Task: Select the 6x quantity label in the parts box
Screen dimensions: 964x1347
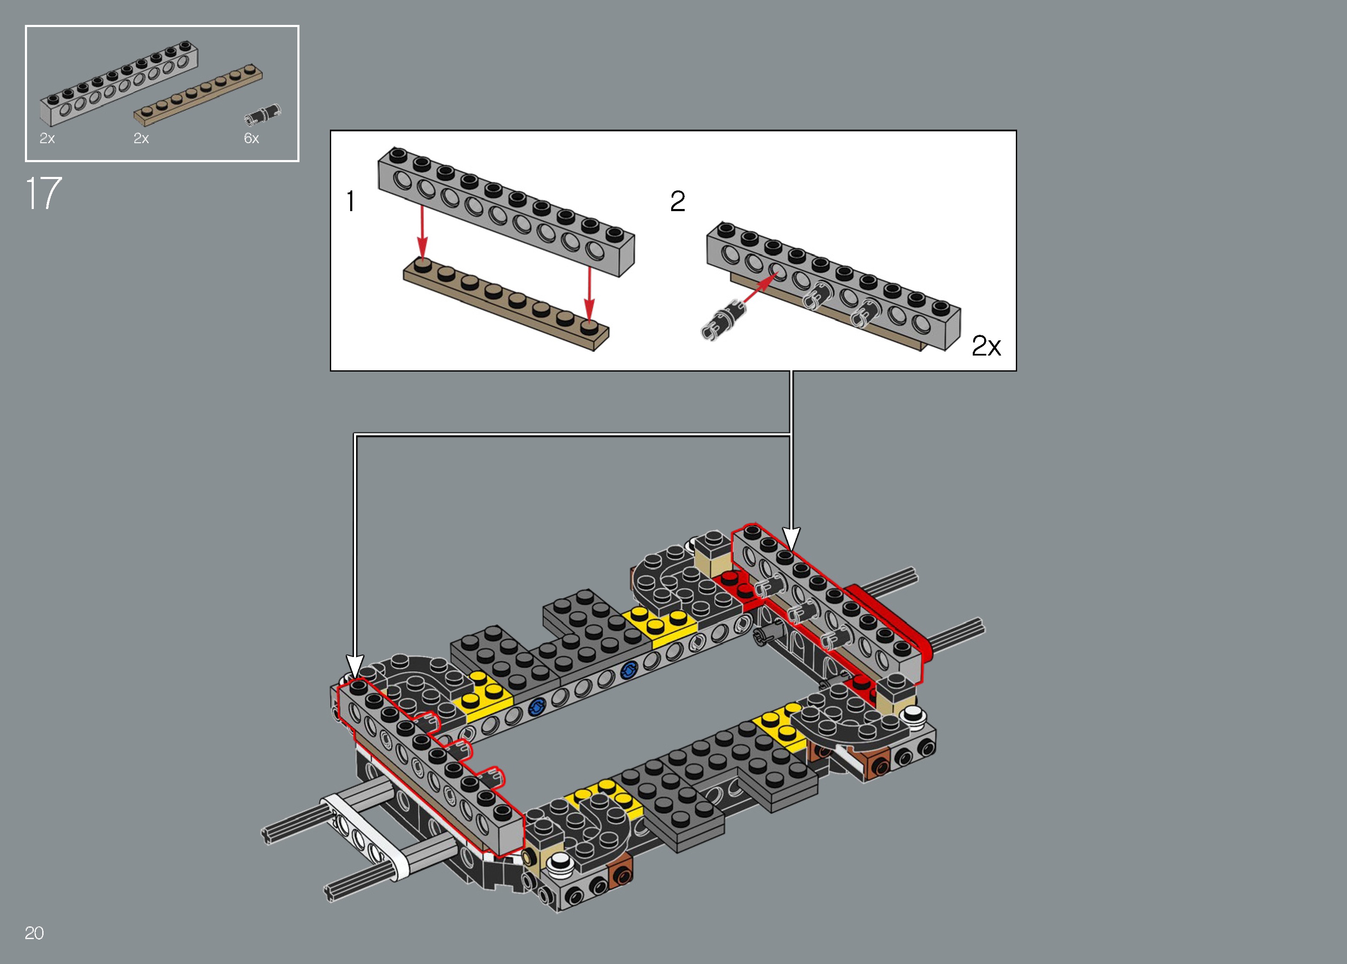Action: coord(251,138)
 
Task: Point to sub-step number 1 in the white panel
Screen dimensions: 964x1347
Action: coord(351,201)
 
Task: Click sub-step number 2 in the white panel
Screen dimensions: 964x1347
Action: coord(678,201)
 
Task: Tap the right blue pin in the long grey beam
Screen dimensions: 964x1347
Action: coord(628,670)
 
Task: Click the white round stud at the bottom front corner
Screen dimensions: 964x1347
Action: coord(559,863)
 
